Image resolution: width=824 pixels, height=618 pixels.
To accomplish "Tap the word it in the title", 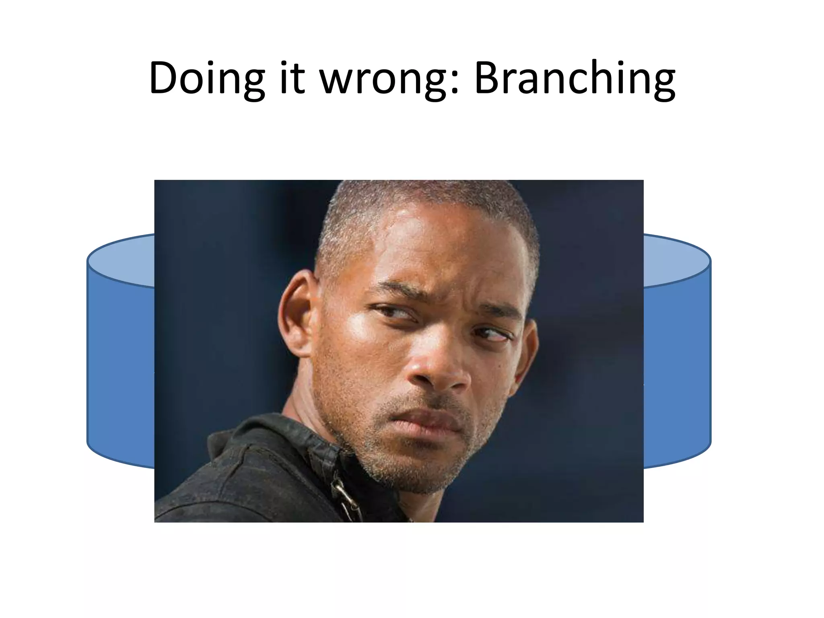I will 290,78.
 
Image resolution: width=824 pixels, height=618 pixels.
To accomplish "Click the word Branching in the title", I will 575,78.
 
